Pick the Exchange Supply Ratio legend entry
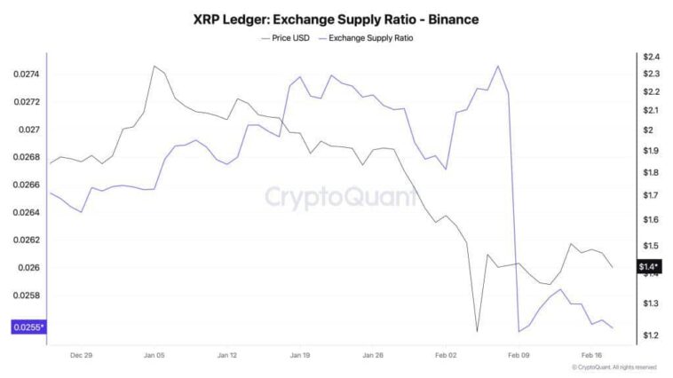(x=371, y=38)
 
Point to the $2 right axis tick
(x=649, y=130)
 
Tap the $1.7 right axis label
(x=651, y=195)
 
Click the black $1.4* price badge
(x=650, y=265)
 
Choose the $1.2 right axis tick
(x=651, y=335)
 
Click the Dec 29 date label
(x=81, y=354)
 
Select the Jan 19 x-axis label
(x=300, y=354)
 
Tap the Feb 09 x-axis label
(x=518, y=354)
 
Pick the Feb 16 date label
(x=591, y=354)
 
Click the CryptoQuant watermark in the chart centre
(x=341, y=196)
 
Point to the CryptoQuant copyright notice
(x=614, y=367)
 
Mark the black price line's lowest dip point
(x=478, y=332)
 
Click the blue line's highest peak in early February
(x=498, y=66)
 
